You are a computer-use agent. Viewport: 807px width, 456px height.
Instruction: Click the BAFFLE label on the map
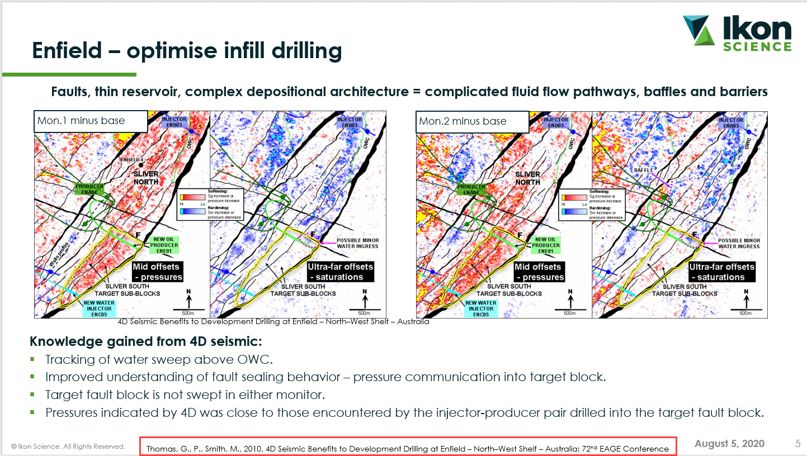pyautogui.click(x=644, y=170)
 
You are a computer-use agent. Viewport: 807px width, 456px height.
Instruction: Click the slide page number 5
pyautogui.click(x=797, y=444)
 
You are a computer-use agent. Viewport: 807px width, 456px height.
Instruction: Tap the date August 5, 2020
pyautogui.click(x=729, y=444)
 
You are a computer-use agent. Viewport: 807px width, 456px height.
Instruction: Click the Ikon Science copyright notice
pyautogui.click(x=68, y=446)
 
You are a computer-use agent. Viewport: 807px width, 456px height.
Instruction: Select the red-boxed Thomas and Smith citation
pyautogui.click(x=407, y=448)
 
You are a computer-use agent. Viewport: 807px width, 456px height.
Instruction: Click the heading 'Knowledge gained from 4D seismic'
pyautogui.click(x=145, y=341)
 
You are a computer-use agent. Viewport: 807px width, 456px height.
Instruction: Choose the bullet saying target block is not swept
pyautogui.click(x=185, y=395)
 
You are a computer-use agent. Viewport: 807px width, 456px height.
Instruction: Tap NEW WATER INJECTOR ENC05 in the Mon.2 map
pyautogui.click(x=473, y=308)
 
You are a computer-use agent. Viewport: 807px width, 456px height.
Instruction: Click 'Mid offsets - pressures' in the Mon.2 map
pyautogui.click(x=538, y=272)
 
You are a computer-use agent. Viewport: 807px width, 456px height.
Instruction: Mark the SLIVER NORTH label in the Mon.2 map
pyautogui.click(x=527, y=178)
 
